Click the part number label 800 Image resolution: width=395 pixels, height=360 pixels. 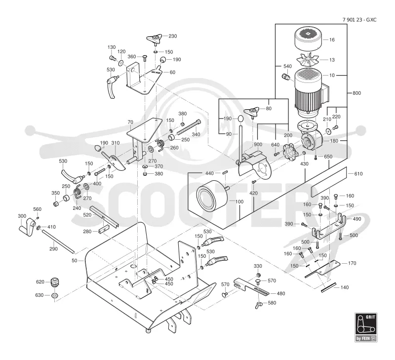[356, 93]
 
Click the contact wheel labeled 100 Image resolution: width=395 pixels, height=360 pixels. [212, 196]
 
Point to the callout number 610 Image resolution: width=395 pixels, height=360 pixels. [358, 173]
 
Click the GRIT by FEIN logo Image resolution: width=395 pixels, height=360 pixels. [366, 327]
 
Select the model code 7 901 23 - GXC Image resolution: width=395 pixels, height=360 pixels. [359, 20]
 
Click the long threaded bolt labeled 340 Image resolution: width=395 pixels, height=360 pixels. [189, 127]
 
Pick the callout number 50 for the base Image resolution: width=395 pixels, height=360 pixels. [75, 260]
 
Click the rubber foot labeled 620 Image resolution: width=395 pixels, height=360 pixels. [55, 282]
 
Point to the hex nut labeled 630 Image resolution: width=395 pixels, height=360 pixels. [55, 295]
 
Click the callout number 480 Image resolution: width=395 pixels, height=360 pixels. [280, 293]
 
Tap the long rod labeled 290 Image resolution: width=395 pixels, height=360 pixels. [58, 241]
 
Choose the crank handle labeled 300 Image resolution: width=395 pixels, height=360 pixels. [27, 227]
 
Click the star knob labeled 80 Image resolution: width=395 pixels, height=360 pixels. [252, 112]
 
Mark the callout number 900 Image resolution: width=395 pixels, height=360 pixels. [258, 144]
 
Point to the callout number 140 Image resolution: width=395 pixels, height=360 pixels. [344, 287]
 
